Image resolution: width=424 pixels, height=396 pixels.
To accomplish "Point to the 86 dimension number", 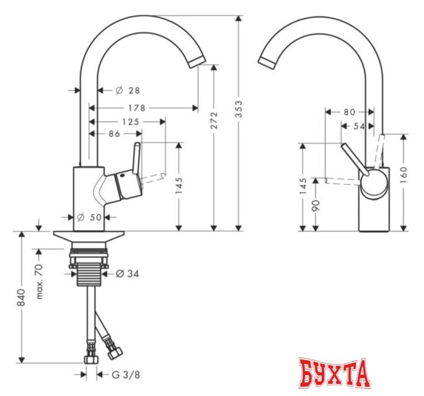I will point(115,134).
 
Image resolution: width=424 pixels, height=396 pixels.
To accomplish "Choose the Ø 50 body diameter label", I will point(91,217).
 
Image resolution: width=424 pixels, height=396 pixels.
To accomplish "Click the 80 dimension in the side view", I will point(349,113).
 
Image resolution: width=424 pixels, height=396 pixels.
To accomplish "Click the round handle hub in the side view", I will point(374,184).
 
